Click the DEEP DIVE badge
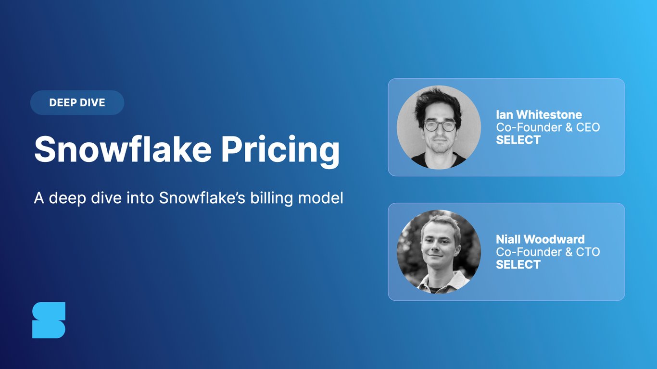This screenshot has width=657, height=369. point(77,102)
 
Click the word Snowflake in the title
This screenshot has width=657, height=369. point(123,149)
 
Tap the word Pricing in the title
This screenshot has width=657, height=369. point(280,150)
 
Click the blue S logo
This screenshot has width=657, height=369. point(49,320)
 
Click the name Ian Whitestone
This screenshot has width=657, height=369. point(539,115)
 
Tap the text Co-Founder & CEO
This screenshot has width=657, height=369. point(548,127)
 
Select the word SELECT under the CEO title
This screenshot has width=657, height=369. point(518,140)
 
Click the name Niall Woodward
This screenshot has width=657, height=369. point(540,239)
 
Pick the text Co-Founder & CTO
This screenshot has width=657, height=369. point(548,252)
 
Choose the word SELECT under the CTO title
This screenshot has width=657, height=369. point(518,264)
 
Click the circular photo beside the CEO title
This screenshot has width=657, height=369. point(439,127)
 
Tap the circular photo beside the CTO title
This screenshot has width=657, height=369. point(439,252)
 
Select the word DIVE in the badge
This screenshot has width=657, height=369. point(93,102)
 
